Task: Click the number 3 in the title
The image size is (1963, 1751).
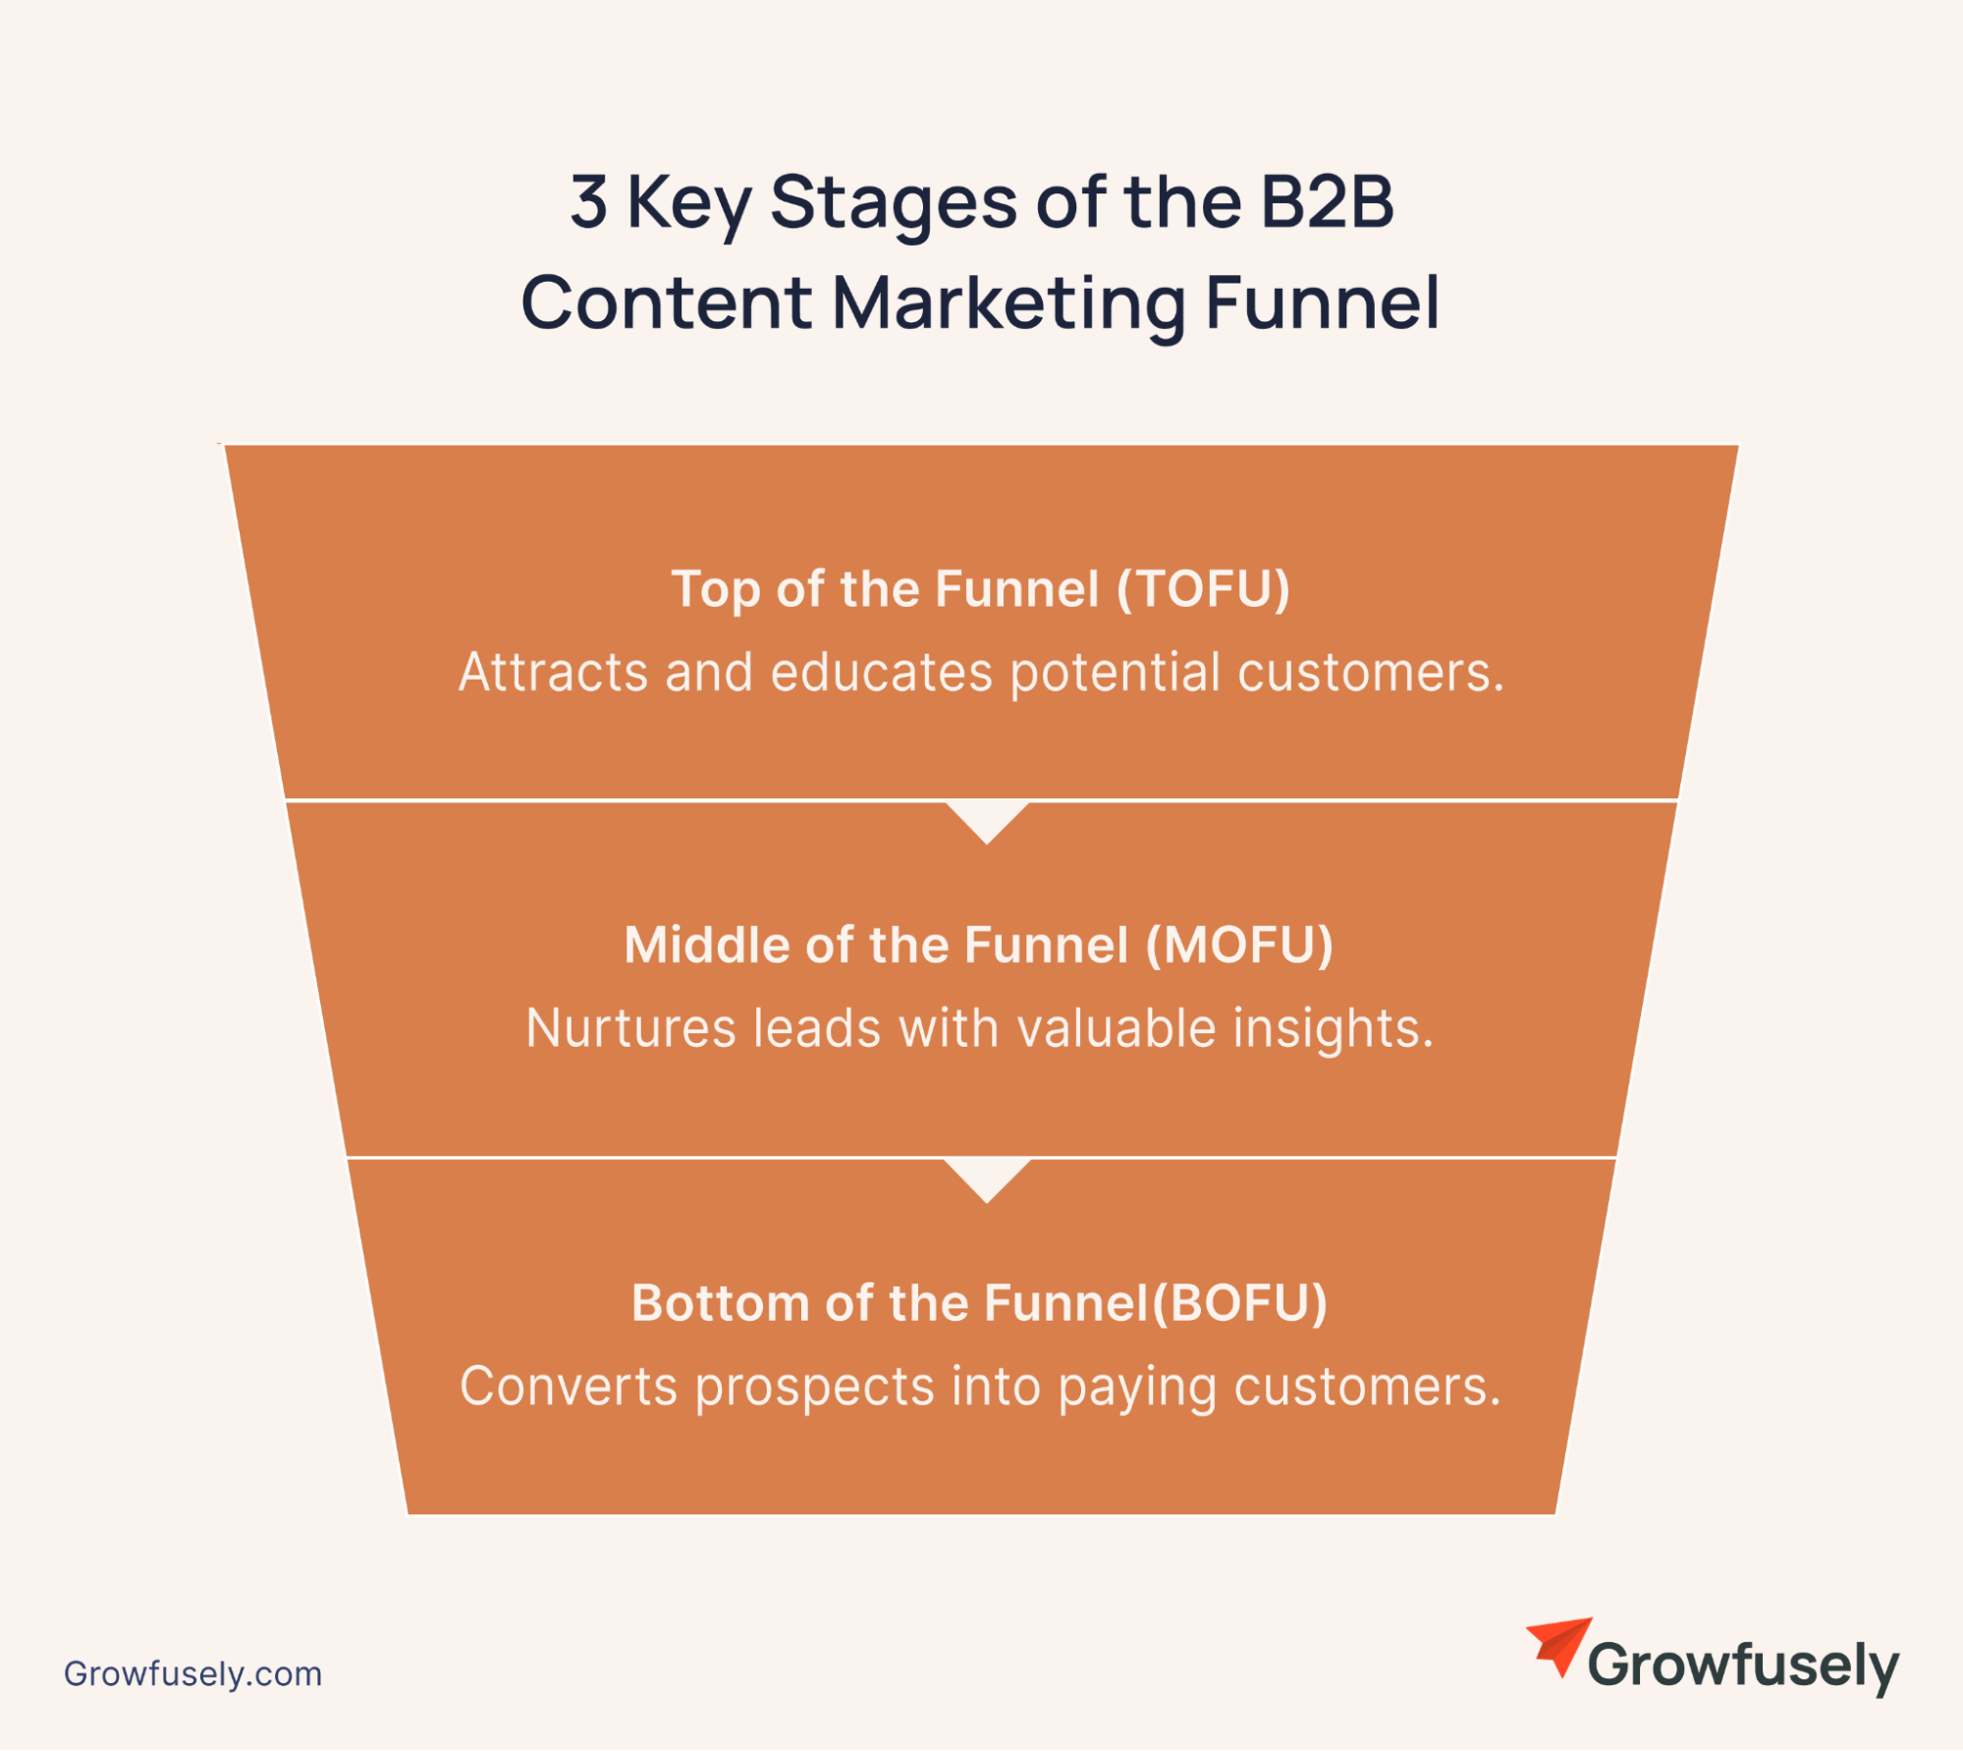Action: coord(588,202)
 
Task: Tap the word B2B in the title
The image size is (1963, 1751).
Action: coord(1327,202)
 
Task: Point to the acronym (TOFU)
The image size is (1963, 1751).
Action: coord(1203,590)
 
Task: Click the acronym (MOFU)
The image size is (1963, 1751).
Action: coord(1239,946)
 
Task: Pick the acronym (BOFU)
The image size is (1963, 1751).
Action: coord(1239,1304)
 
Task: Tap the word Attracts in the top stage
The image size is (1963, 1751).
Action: coord(553,673)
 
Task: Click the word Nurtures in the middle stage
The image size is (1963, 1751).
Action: coord(630,1029)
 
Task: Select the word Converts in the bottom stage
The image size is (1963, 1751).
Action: coord(569,1387)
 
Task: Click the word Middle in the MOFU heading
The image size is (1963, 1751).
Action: coord(707,946)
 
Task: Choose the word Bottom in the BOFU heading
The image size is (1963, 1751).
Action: coord(720,1304)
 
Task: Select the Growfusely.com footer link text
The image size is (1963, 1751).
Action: coord(193,1674)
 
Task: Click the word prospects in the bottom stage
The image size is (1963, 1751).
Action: coord(814,1389)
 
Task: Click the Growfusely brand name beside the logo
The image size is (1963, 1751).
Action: coord(1743,1668)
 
